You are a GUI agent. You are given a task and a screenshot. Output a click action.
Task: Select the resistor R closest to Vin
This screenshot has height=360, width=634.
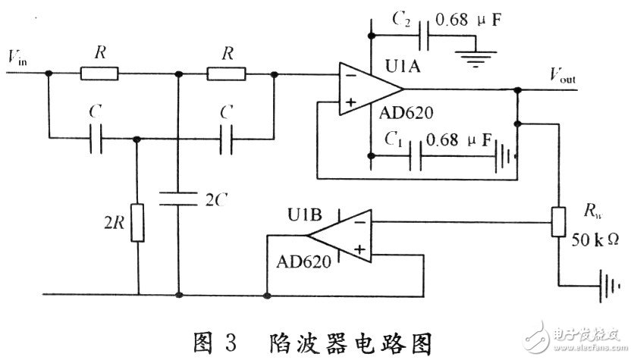(x=99, y=73)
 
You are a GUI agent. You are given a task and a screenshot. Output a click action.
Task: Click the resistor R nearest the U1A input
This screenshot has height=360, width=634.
(x=225, y=73)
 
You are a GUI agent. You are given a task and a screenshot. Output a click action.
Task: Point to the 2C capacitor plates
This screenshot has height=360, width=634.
(x=179, y=199)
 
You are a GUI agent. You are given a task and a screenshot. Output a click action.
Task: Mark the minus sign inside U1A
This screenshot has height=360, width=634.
(x=349, y=76)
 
